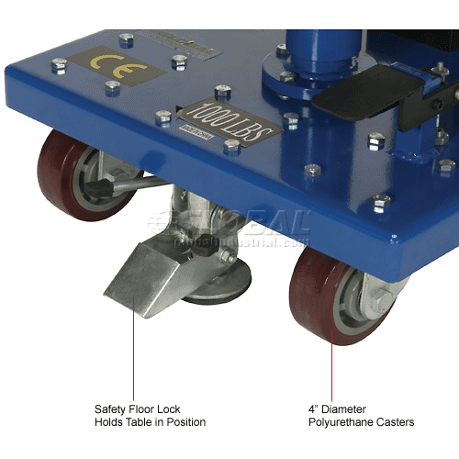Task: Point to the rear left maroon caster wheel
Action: click(73, 174)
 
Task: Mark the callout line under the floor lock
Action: click(133, 358)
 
